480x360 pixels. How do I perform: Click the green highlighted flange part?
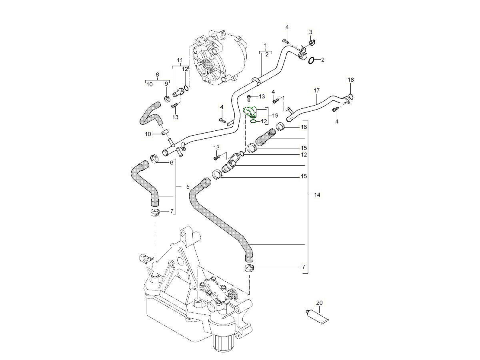click(250, 112)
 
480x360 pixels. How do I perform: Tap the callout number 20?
click(319, 303)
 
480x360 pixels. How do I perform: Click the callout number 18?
click(350, 80)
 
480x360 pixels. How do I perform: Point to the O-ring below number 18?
click(351, 96)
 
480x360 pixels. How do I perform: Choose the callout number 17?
click(316, 91)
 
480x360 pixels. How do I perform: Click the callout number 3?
click(310, 32)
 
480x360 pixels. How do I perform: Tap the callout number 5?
click(188, 187)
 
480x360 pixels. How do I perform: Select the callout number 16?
click(304, 127)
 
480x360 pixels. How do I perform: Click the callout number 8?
click(157, 74)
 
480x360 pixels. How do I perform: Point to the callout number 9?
click(166, 84)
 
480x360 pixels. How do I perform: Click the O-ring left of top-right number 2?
click(312, 60)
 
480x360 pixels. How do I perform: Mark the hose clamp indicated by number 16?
click(280, 128)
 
